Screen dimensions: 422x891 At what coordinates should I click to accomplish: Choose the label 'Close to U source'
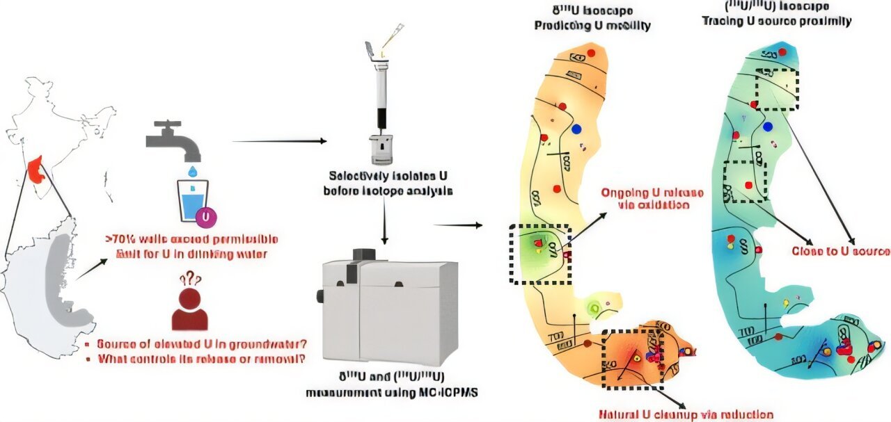pyautogui.click(x=841, y=251)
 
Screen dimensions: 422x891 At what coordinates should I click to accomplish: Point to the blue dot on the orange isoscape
pyautogui.click(x=576, y=129)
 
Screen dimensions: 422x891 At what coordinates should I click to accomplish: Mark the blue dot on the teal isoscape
pyautogui.click(x=768, y=127)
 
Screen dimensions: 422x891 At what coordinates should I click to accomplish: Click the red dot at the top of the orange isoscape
pyautogui.click(x=591, y=53)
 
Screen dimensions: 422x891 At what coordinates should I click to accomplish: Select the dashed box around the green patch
pyautogui.click(x=539, y=254)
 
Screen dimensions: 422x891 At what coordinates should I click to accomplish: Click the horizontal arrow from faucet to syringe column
pyautogui.click(x=278, y=141)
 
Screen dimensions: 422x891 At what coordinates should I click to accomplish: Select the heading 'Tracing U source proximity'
pyautogui.click(x=798, y=21)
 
